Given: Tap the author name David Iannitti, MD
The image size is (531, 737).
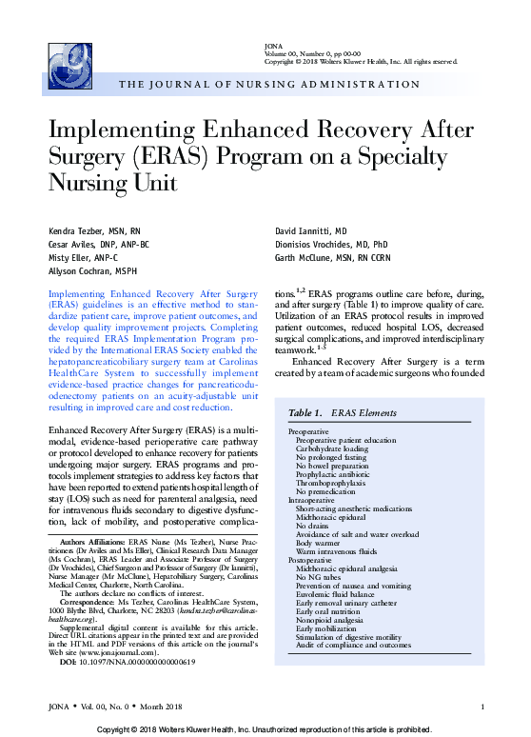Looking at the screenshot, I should (311, 232).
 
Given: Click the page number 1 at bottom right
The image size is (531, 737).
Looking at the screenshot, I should (483, 706).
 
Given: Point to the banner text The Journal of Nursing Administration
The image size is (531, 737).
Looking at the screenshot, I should (269, 85).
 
